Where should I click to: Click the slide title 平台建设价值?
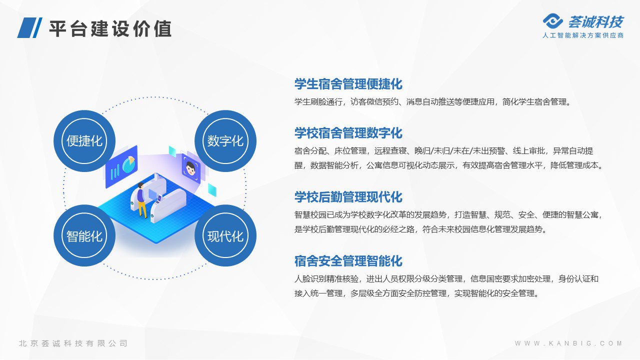[x=110, y=29]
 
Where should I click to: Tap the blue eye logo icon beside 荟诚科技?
[x=552, y=21]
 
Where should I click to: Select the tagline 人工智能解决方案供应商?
[x=583, y=35]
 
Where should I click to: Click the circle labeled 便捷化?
[x=84, y=141]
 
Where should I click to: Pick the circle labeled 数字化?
[x=225, y=141]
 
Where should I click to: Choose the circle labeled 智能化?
[x=84, y=235]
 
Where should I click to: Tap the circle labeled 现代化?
[x=225, y=235]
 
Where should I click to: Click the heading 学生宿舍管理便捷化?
[x=348, y=84]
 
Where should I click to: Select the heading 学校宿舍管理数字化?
[x=348, y=133]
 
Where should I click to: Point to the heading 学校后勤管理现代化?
[x=348, y=197]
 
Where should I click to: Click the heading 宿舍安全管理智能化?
[x=348, y=261]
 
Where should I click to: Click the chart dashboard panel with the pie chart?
[x=121, y=166]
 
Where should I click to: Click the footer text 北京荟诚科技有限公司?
[x=73, y=343]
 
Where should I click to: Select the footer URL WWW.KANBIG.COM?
[x=568, y=343]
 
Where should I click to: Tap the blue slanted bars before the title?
[x=29, y=27]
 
